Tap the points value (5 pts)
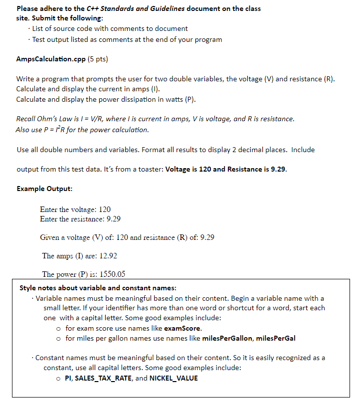[x=98, y=59]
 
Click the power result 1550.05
[x=113, y=274]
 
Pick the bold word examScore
[x=182, y=328]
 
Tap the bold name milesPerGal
[x=276, y=338]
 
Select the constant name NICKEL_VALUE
[x=174, y=378]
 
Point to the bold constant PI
[x=69, y=378]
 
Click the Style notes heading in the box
[x=98, y=288]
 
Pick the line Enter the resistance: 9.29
[x=80, y=219]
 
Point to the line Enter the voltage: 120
[x=75, y=209]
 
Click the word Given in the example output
[x=50, y=237]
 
